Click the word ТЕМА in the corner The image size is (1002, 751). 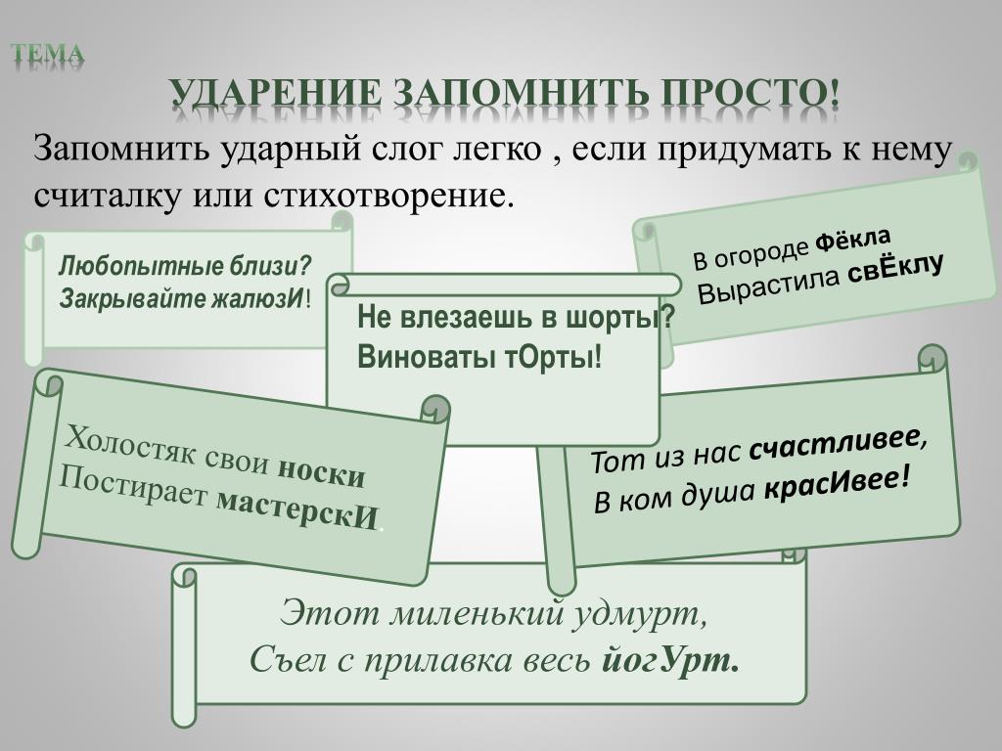click(47, 54)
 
